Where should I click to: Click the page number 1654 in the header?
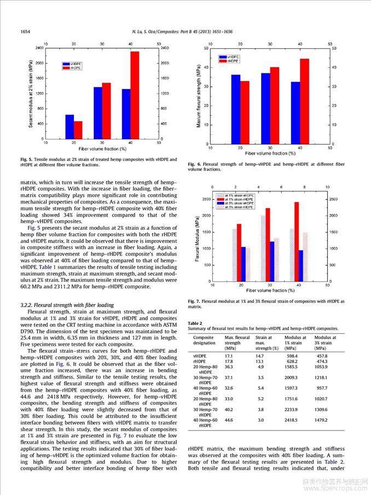(25, 32)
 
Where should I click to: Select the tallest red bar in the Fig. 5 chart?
(135, 95)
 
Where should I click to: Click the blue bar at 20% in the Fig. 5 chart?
(69, 127)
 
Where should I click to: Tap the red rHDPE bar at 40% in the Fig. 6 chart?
(304, 101)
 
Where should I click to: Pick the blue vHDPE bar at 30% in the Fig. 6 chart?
(265, 109)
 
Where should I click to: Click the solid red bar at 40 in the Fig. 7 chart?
(297, 242)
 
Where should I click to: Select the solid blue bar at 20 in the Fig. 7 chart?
(244, 264)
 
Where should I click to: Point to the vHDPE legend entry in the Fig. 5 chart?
(72, 64)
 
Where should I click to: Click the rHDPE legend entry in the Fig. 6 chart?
(229, 61)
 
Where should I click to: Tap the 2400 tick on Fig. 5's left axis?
(39, 48)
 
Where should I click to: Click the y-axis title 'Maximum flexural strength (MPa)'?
(199, 96)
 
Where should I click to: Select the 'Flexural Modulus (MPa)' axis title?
(198, 239)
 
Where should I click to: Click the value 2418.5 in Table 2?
(291, 420)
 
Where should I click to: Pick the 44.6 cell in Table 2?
(229, 420)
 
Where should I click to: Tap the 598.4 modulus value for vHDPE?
(291, 356)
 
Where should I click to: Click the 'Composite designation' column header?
(204, 340)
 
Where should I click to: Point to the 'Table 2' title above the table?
(195, 323)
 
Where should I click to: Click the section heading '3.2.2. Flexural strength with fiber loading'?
(67, 305)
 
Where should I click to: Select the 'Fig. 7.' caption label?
(194, 301)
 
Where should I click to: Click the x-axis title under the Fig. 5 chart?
(103, 149)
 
